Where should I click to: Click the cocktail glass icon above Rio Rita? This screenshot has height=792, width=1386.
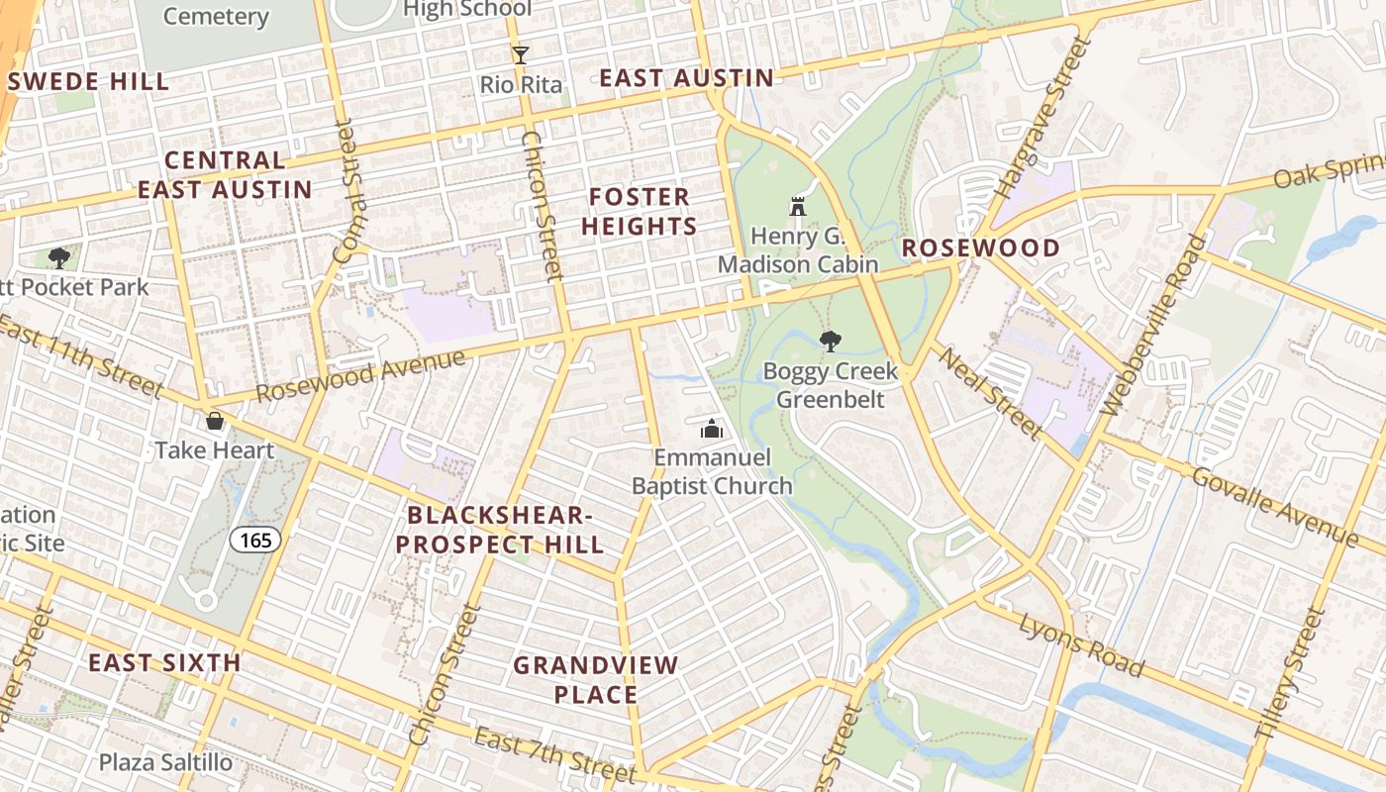click(x=521, y=55)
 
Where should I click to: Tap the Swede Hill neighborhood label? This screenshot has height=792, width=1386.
click(x=89, y=81)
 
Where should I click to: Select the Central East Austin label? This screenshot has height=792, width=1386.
click(x=225, y=174)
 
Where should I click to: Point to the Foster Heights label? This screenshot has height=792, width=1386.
click(x=639, y=211)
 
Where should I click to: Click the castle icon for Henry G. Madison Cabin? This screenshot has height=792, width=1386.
click(x=798, y=207)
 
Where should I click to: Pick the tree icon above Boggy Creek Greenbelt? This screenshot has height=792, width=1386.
click(x=831, y=342)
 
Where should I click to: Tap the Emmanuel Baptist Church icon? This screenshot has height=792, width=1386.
click(x=711, y=429)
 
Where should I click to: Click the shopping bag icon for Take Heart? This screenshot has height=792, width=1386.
click(x=214, y=421)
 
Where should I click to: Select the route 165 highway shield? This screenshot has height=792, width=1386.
click(x=255, y=540)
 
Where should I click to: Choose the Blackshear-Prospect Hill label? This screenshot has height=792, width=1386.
click(x=505, y=530)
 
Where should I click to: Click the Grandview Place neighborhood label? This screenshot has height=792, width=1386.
click(x=596, y=679)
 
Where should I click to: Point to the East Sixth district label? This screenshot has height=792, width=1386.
click(x=164, y=662)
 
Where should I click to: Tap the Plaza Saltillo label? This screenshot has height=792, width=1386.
click(x=165, y=762)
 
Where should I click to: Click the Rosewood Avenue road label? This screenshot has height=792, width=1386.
click(x=360, y=375)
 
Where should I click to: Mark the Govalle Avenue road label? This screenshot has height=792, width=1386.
click(x=1274, y=506)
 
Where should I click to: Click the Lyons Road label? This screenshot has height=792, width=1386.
click(x=1081, y=645)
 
